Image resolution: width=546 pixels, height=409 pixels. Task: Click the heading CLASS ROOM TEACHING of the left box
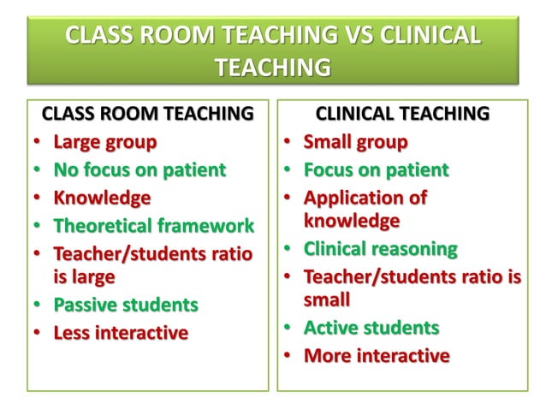point(148,113)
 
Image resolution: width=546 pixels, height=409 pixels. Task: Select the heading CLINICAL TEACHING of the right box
point(403,113)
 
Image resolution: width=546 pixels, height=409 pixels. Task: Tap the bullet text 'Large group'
point(104,141)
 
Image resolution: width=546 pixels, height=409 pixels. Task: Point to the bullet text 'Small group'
point(355,141)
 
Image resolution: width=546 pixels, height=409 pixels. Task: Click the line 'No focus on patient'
point(139,169)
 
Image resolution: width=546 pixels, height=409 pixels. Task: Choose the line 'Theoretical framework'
point(153,226)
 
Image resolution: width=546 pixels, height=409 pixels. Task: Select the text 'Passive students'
point(125,304)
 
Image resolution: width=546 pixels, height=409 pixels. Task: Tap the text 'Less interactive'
point(121,333)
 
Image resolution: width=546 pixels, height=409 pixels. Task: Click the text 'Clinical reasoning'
point(381,249)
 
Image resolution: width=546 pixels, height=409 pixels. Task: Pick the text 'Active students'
point(371,327)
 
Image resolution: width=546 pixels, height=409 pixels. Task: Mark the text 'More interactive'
point(377,355)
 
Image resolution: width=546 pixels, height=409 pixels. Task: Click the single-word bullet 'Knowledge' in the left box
point(102,198)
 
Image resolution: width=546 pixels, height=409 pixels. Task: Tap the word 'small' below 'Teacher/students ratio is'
point(327,299)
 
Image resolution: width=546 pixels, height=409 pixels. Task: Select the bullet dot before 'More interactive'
point(288,356)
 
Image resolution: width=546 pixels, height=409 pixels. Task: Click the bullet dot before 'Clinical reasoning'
point(288,250)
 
